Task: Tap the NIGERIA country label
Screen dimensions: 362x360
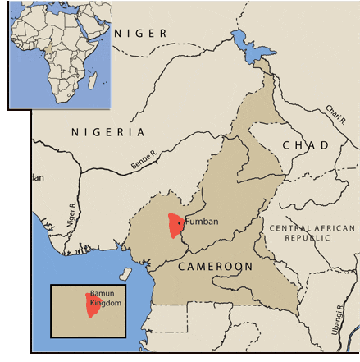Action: click(107, 131)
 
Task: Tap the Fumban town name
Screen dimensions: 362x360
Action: click(202, 222)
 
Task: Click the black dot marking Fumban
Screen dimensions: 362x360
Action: click(180, 222)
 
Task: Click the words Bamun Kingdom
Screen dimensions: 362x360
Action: click(105, 298)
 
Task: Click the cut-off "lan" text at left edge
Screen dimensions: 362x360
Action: click(37, 176)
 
